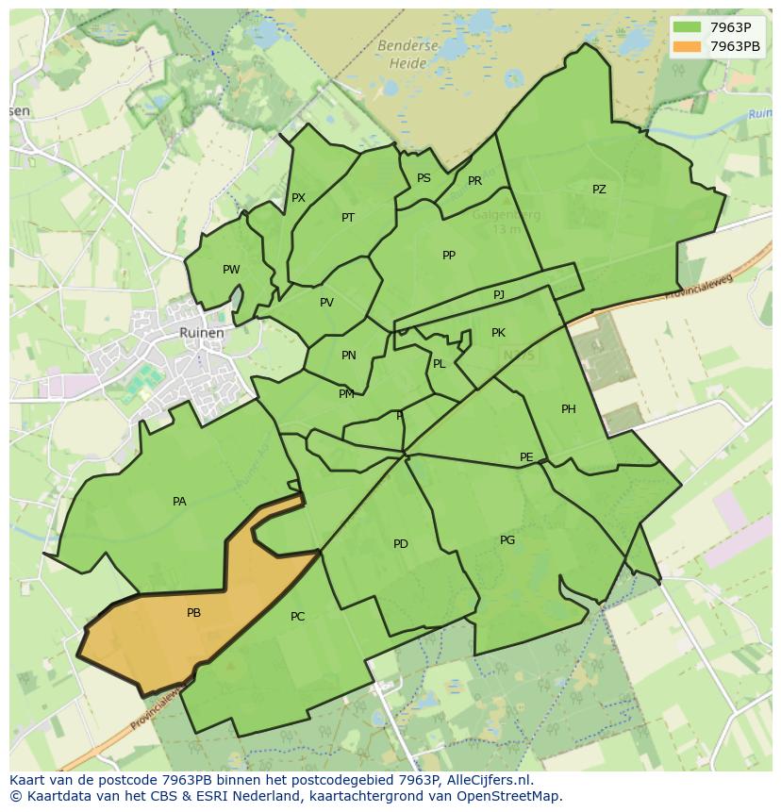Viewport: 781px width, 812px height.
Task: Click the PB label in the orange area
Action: click(x=193, y=613)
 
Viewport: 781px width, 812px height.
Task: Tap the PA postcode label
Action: click(x=179, y=502)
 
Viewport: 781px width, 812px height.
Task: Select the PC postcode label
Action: click(x=297, y=617)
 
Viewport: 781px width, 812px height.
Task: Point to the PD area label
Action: click(x=401, y=544)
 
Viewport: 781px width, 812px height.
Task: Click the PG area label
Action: click(x=507, y=540)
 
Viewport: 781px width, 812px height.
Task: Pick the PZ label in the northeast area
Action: click(x=599, y=190)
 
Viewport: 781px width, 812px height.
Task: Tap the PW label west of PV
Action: click(x=231, y=270)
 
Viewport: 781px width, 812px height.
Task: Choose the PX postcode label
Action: click(x=298, y=198)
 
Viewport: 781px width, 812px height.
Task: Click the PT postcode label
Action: click(x=348, y=218)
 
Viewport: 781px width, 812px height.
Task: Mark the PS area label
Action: click(x=424, y=178)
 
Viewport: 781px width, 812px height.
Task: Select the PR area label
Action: click(x=474, y=181)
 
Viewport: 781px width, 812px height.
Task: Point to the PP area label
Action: click(x=449, y=256)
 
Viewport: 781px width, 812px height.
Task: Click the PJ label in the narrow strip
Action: click(x=499, y=295)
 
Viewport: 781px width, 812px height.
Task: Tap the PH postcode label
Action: click(x=569, y=409)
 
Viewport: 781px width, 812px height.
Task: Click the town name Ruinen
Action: click(x=202, y=333)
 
